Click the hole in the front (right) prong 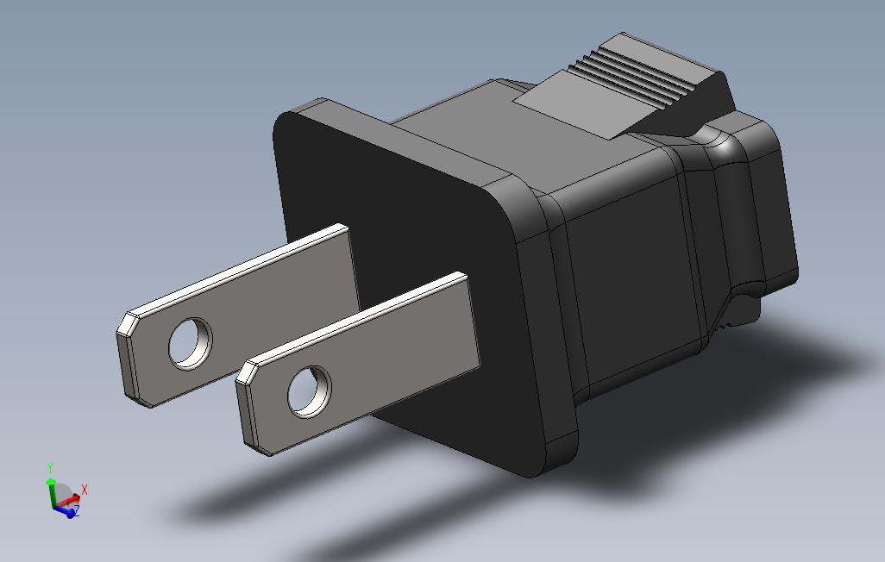(x=309, y=391)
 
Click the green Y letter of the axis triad (x=51, y=467)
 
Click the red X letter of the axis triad (x=85, y=490)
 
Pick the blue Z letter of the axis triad (x=76, y=511)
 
